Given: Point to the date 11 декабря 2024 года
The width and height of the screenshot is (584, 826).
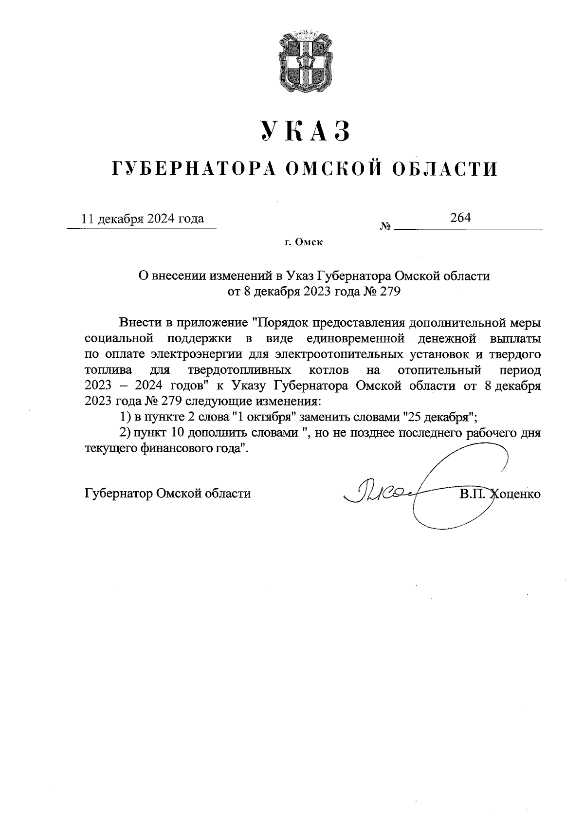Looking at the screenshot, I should click(143, 218).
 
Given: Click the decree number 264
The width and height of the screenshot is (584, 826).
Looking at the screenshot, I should click(460, 217).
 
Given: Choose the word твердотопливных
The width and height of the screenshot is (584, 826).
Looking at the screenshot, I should click(239, 370).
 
